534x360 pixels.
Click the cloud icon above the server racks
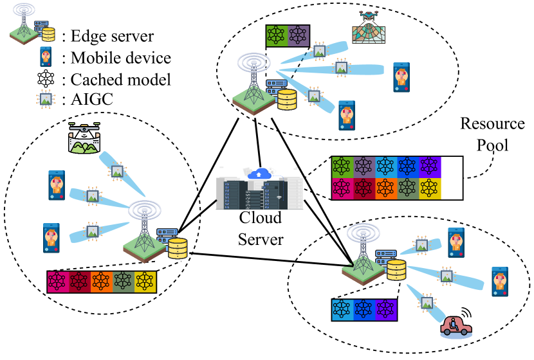coord(259,173)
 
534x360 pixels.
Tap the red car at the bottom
coord(455,326)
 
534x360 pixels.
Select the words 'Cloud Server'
coord(260,228)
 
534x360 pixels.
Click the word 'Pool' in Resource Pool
coord(492,145)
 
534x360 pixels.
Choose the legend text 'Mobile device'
coord(116,59)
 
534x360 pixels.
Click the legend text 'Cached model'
coord(116,80)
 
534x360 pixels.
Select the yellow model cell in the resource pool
coord(428,188)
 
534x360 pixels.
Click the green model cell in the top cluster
coord(277,35)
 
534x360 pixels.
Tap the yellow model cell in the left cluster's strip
coord(145,281)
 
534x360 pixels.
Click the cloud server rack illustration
coord(257,192)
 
